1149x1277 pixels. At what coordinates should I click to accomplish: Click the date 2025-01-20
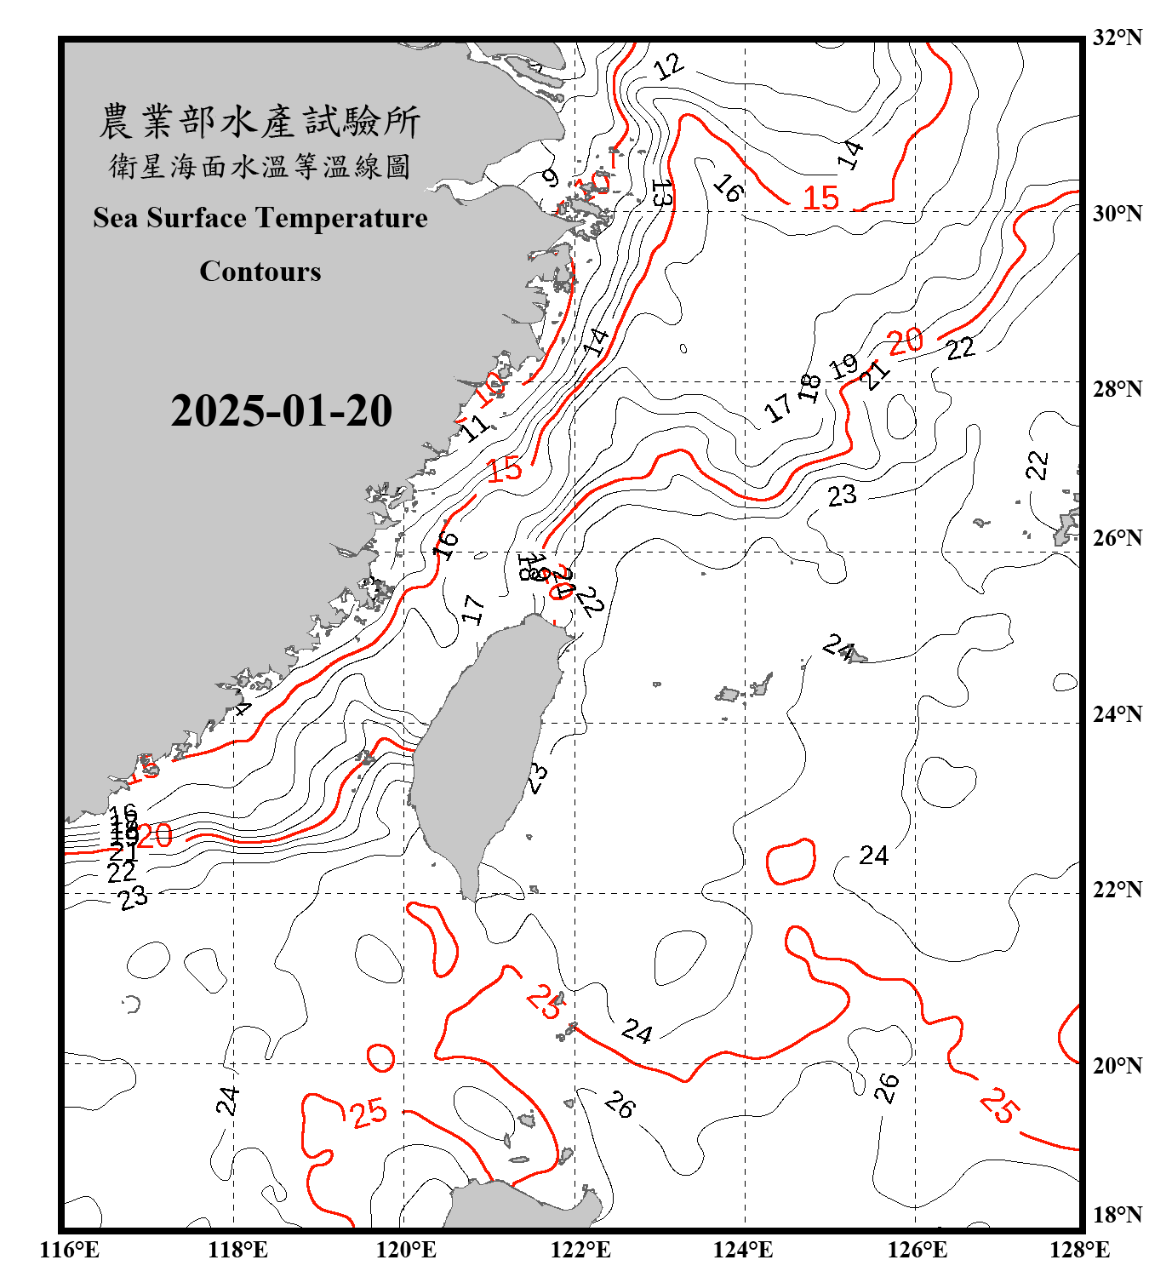(281, 411)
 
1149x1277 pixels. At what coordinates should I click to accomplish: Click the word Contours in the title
(260, 271)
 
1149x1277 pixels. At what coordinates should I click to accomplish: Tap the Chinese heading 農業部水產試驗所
(260, 122)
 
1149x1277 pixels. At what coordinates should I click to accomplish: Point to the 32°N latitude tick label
(1116, 37)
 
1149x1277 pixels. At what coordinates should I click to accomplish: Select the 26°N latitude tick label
(1116, 538)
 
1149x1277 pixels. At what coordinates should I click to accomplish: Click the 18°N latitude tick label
(1116, 1215)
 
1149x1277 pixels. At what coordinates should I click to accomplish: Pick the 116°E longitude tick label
(69, 1250)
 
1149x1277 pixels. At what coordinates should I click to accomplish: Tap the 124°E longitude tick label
(743, 1250)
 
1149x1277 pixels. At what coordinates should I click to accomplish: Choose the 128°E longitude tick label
(1079, 1250)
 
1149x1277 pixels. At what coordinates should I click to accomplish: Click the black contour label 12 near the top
(669, 66)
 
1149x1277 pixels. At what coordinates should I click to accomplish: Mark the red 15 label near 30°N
(821, 198)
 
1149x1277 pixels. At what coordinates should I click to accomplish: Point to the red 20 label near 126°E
(905, 341)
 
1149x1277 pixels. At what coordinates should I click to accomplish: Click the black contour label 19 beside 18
(843, 367)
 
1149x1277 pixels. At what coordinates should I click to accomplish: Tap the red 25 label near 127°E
(998, 1105)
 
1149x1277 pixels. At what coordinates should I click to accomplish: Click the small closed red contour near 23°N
(792, 862)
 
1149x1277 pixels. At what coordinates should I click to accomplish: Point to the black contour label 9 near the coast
(551, 179)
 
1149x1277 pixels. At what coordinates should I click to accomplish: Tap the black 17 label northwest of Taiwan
(473, 610)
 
